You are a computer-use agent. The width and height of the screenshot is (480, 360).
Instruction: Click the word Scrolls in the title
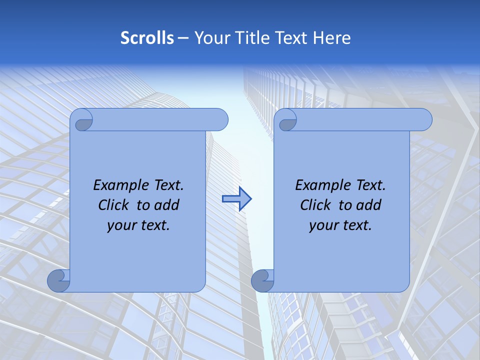[147, 38]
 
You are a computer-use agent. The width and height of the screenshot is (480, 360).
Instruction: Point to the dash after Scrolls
[183, 38]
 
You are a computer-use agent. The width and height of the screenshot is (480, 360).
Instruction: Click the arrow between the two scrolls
[236, 198]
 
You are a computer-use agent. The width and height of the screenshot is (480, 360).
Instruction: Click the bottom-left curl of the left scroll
[57, 280]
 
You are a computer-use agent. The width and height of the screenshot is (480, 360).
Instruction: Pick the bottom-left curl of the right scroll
[261, 280]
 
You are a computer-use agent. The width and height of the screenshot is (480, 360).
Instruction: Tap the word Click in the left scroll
[113, 205]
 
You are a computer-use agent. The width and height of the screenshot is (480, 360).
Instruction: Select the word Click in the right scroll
[315, 205]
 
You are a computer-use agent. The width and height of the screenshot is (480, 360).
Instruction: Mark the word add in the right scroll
[369, 205]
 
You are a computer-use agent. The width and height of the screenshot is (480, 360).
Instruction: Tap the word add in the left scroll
[167, 205]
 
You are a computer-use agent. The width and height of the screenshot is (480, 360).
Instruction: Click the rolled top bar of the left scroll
[155, 120]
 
